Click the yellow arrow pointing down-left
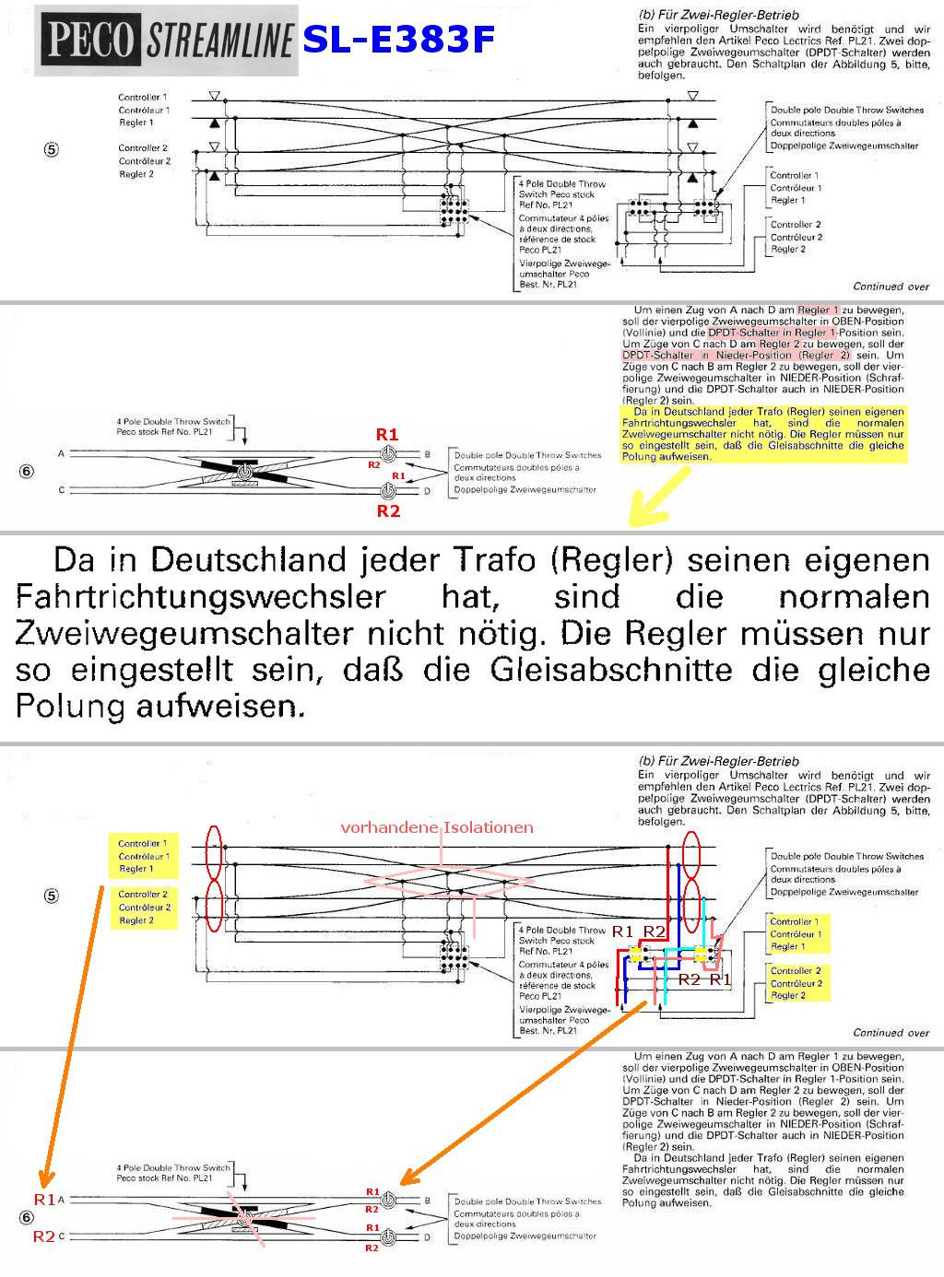click(x=656, y=498)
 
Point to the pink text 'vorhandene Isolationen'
click(x=437, y=827)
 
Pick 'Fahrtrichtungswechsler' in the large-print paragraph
click(x=200, y=597)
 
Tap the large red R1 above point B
click(x=387, y=434)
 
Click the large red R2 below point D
click(x=388, y=511)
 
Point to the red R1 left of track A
click(x=44, y=1200)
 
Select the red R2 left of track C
click(x=44, y=1236)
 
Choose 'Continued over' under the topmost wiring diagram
click(x=891, y=287)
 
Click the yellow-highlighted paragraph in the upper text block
click(x=763, y=433)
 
